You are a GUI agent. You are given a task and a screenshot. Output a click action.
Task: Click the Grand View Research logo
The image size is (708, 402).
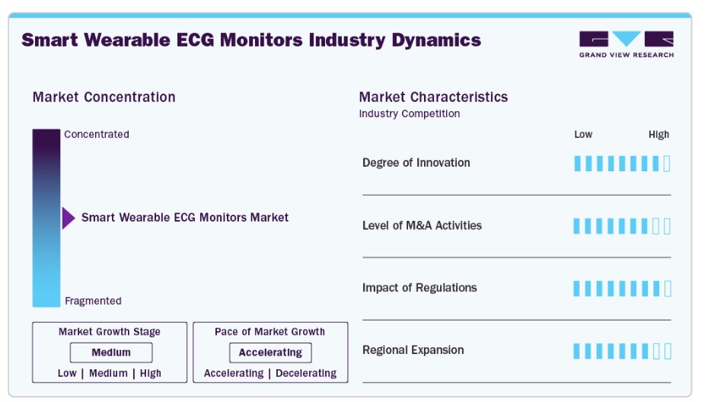[627, 44]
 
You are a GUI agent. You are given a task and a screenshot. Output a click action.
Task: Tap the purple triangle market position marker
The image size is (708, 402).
[69, 219]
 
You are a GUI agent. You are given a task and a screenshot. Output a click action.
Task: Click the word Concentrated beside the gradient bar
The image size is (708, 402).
[97, 134]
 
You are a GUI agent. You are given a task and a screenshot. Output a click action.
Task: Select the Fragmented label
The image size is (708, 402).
[93, 301]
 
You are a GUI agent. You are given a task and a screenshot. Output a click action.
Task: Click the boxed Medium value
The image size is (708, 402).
[111, 353]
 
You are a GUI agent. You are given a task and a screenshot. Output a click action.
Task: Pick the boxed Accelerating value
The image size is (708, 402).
[270, 353]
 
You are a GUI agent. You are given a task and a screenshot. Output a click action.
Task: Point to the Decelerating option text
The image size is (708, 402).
[306, 373]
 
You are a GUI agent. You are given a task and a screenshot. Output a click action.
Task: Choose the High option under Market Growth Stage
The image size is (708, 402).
[151, 373]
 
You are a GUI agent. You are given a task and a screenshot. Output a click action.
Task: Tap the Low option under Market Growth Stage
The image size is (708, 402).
[67, 373]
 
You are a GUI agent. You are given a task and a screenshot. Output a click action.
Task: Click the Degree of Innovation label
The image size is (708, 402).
[416, 163]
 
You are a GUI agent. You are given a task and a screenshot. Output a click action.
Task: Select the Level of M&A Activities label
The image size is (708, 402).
[422, 225]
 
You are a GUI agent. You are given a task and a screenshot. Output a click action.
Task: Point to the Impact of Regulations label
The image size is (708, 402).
[419, 288]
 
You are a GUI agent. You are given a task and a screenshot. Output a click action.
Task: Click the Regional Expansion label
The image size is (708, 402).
[413, 350]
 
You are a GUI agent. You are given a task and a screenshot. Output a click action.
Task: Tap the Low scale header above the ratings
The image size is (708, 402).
[583, 134]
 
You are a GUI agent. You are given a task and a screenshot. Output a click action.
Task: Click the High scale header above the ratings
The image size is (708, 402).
[659, 135]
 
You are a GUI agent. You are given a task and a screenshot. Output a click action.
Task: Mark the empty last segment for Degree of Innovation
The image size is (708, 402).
[667, 164]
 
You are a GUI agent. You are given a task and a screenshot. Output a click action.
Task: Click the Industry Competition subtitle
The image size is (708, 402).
[409, 114]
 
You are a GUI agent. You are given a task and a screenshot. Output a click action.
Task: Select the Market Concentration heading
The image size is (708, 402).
[104, 97]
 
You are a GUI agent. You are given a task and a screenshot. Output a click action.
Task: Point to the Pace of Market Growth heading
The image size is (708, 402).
[269, 331]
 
